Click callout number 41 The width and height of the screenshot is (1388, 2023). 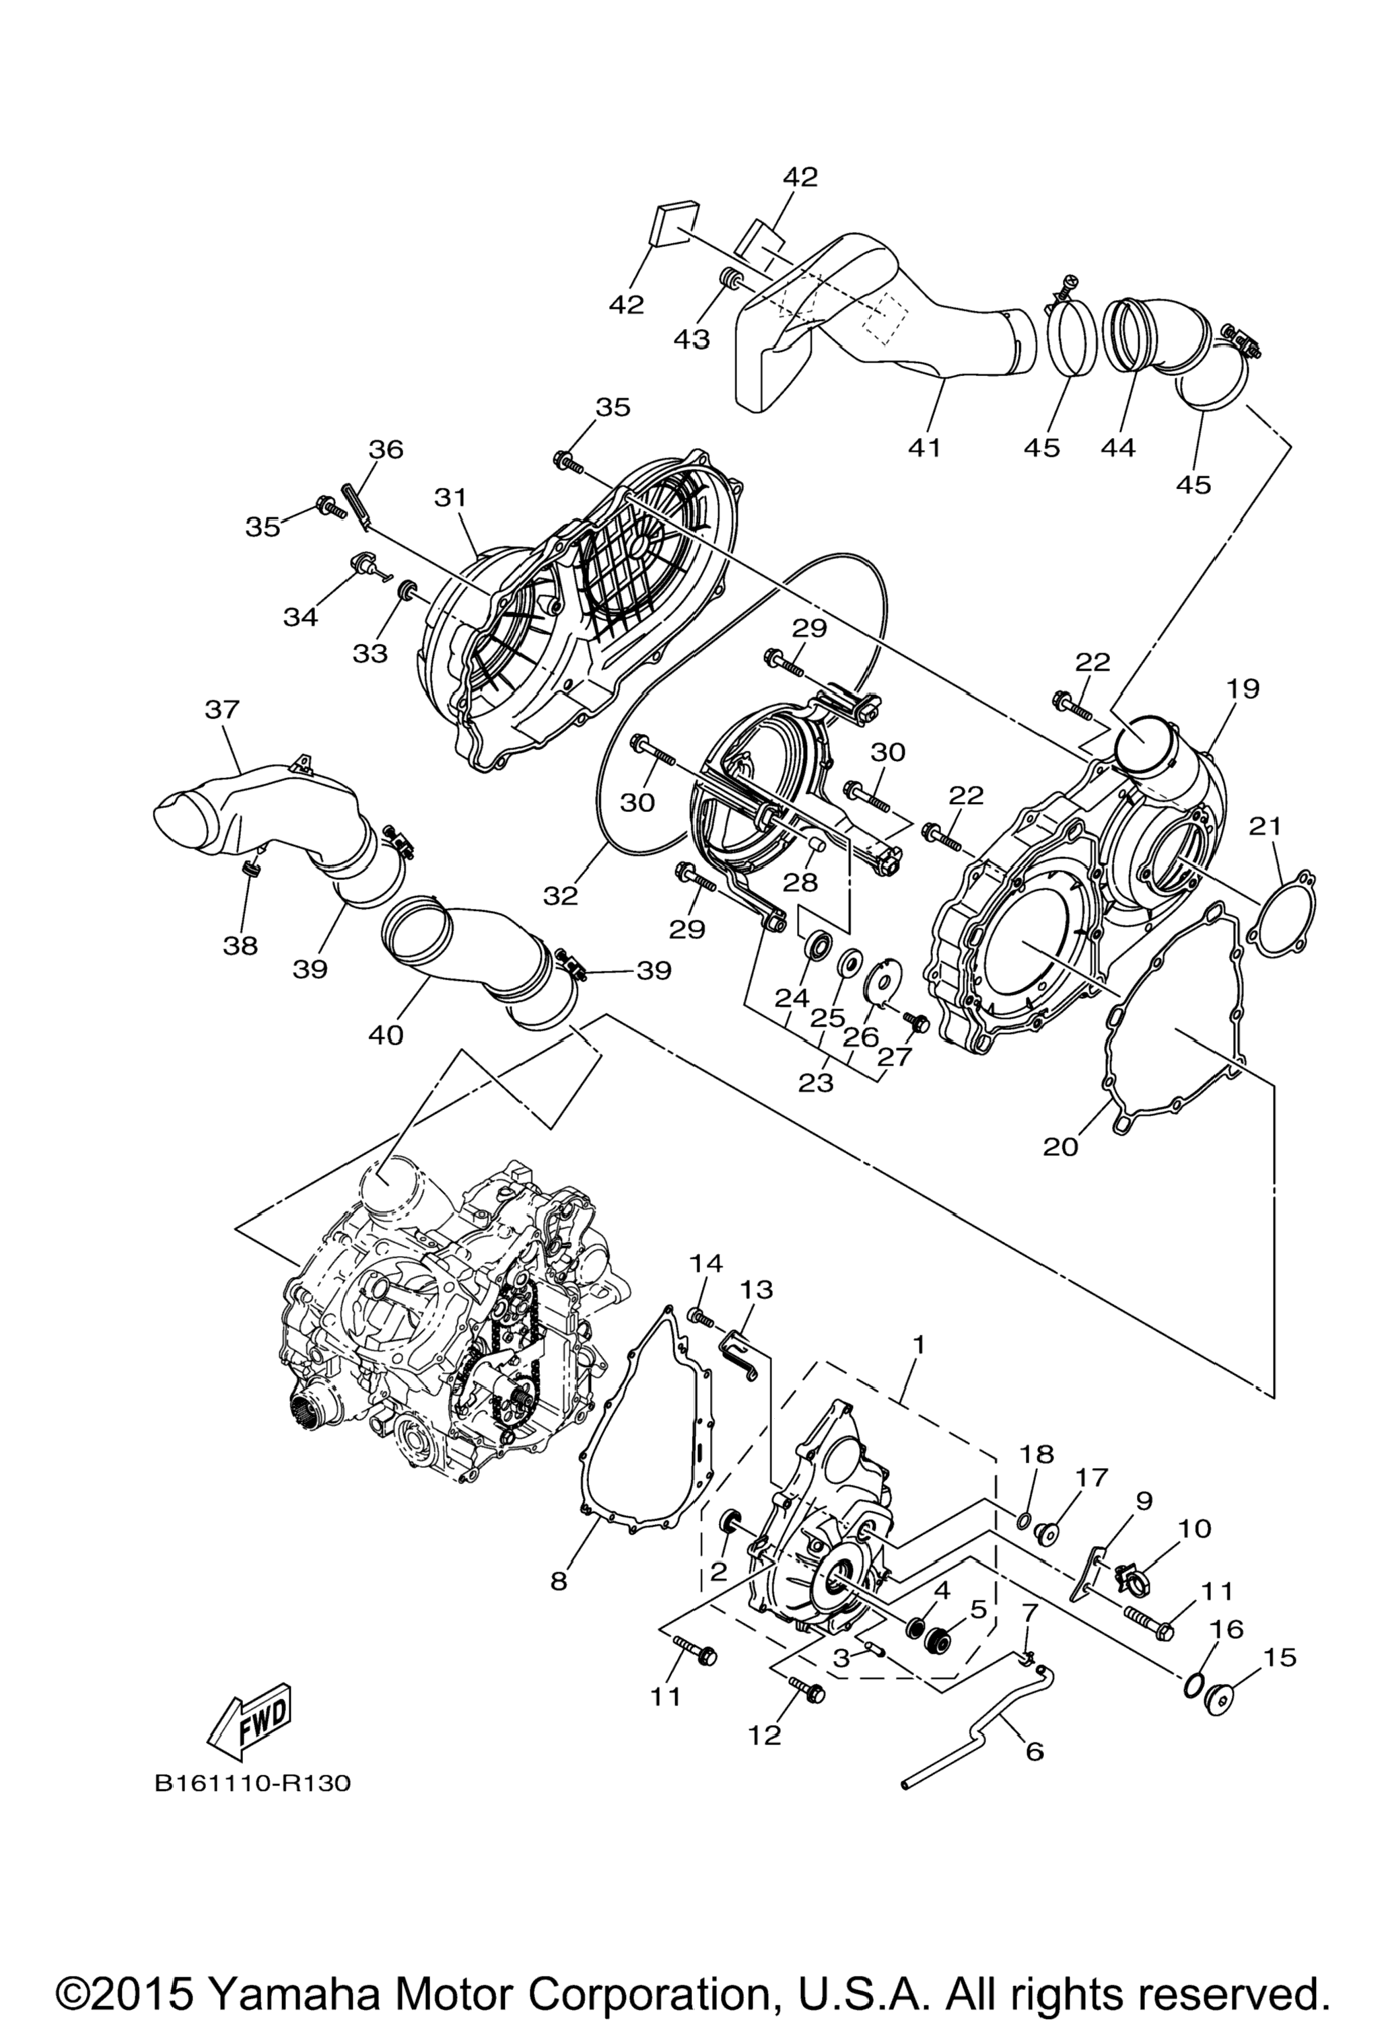[924, 447]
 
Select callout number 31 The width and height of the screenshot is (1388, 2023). [451, 498]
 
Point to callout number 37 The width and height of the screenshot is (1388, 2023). [221, 710]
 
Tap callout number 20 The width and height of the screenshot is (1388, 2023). [1061, 1146]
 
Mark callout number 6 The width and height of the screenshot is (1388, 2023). [1035, 1750]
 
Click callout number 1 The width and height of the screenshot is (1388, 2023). [917, 1345]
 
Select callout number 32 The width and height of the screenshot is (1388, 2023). [561, 895]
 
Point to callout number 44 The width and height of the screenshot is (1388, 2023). [1118, 447]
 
